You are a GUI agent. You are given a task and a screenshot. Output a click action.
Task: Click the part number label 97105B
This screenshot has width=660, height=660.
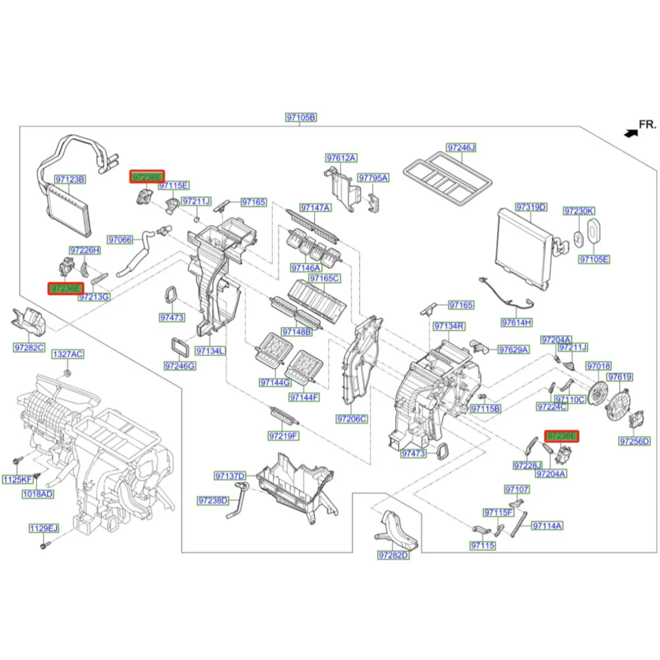(x=301, y=117)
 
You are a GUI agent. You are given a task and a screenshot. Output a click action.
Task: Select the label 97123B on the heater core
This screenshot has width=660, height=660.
(x=69, y=179)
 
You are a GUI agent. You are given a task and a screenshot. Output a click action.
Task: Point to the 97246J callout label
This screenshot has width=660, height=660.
(x=461, y=147)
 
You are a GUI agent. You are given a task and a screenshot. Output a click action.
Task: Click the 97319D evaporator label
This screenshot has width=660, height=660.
(x=531, y=207)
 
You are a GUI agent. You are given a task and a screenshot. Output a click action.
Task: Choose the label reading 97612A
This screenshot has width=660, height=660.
(x=341, y=158)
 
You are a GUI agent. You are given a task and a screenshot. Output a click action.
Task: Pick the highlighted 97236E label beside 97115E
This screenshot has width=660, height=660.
(x=147, y=176)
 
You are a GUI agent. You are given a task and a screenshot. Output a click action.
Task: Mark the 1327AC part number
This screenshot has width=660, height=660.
(x=68, y=354)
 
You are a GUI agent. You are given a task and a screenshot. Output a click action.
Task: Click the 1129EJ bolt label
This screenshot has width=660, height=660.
(x=44, y=528)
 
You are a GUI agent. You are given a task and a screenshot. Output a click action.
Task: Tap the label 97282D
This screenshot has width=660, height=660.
(x=393, y=556)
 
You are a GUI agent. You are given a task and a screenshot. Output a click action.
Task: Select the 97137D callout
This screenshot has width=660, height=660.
(x=230, y=476)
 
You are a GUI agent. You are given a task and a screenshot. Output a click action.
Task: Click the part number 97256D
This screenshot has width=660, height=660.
(x=634, y=441)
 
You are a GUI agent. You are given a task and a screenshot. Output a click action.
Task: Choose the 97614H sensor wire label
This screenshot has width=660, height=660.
(x=516, y=322)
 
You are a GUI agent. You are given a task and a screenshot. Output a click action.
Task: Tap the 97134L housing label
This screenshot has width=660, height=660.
(x=209, y=350)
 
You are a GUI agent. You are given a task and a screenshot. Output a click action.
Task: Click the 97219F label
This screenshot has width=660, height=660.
(x=283, y=436)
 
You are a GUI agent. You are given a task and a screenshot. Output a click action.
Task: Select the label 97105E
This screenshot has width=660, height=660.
(x=594, y=259)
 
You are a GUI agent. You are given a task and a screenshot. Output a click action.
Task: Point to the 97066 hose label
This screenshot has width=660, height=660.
(x=120, y=240)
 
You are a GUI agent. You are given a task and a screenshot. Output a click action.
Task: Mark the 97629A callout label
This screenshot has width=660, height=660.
(x=513, y=349)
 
